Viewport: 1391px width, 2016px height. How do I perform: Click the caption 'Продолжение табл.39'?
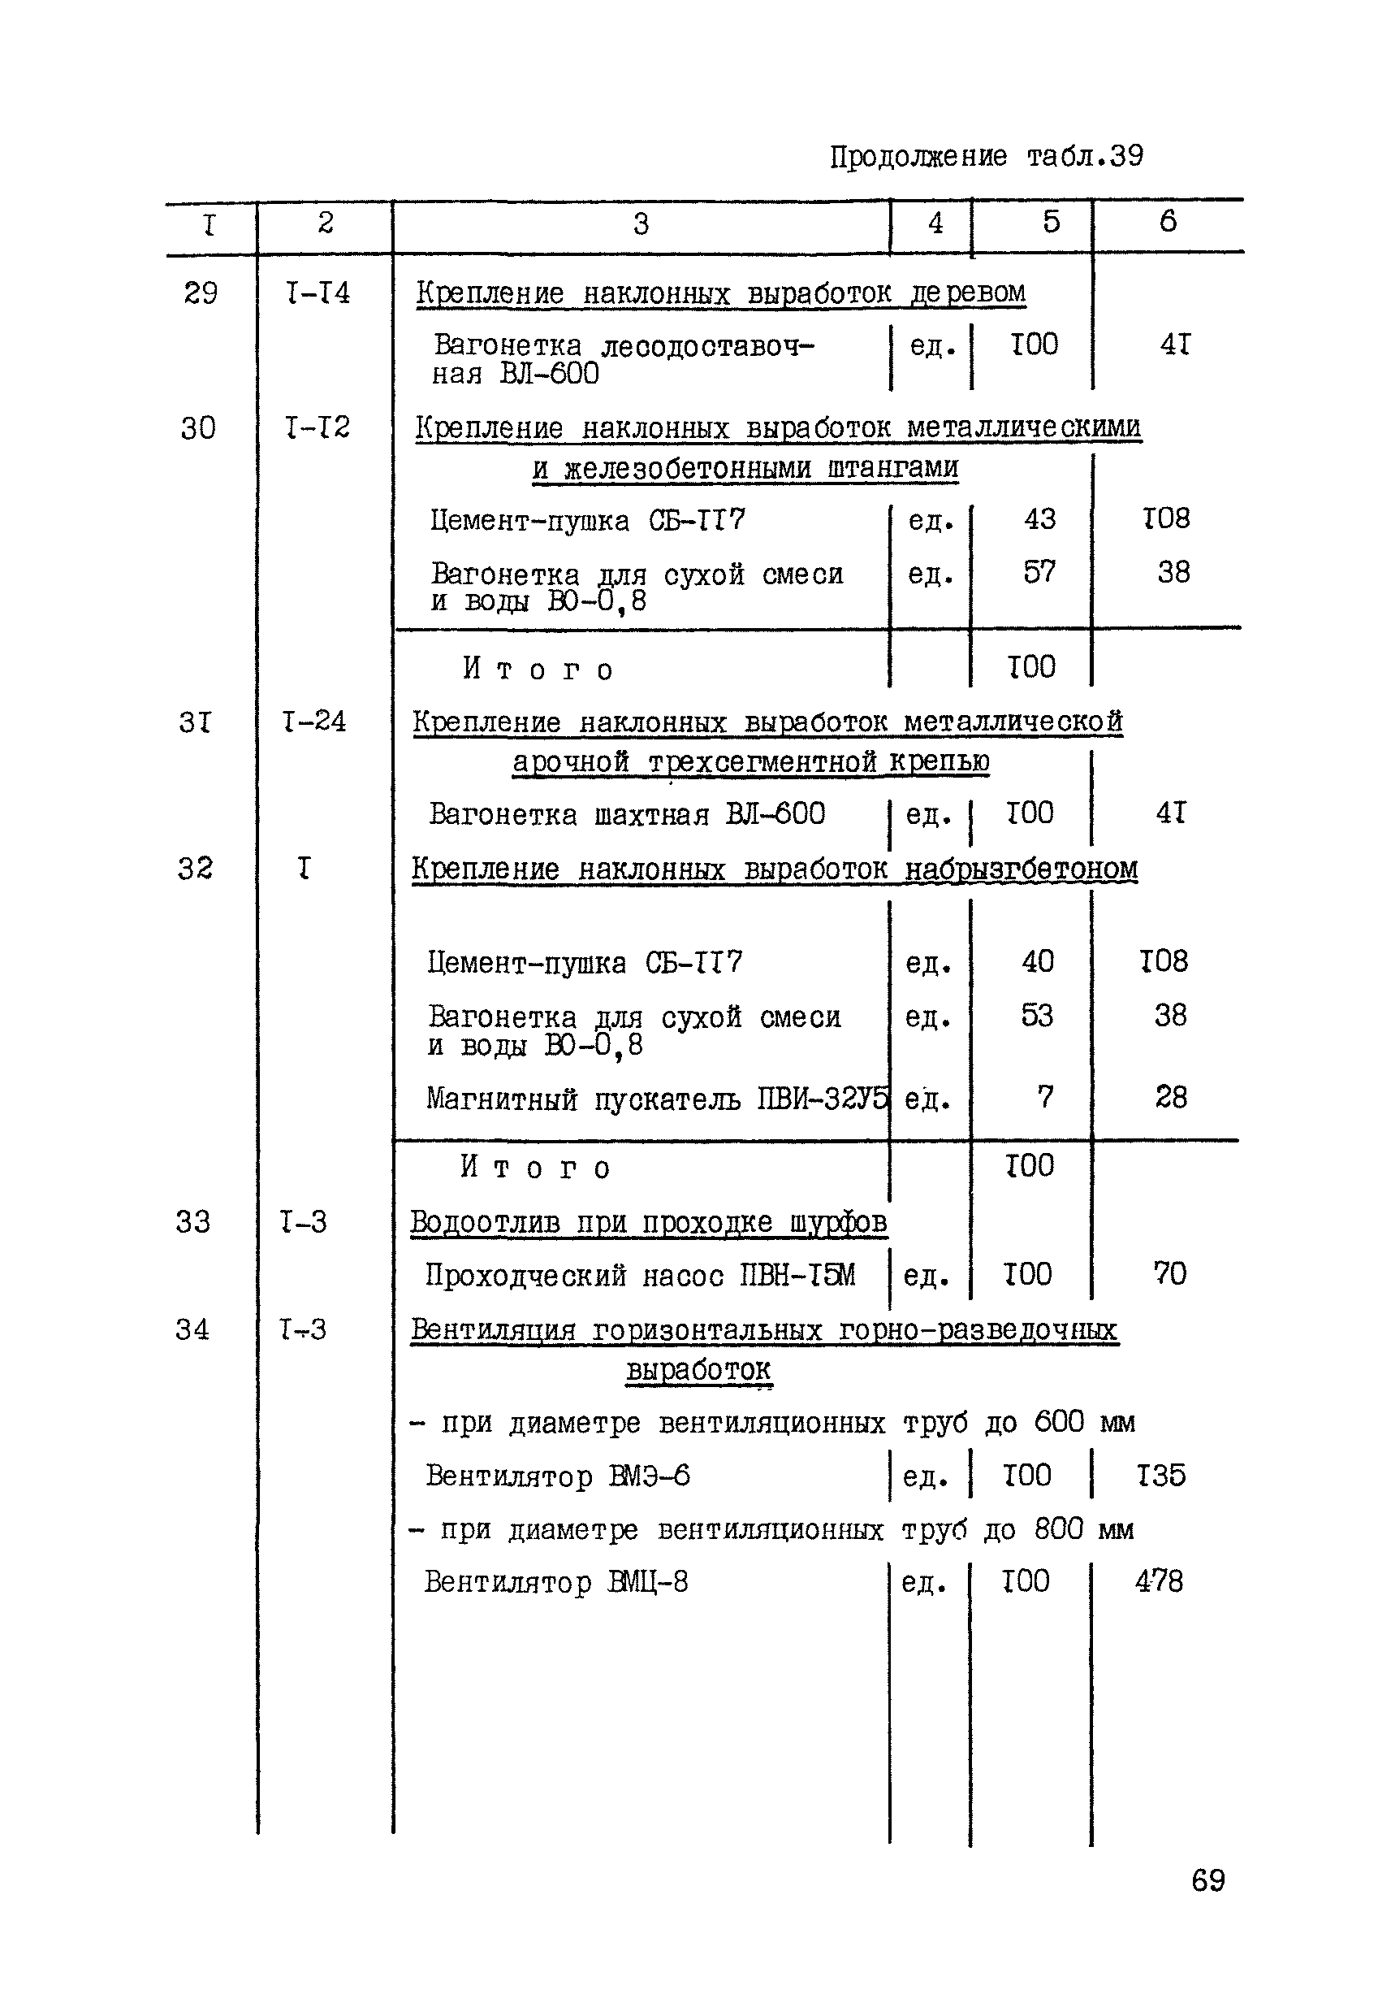(986, 157)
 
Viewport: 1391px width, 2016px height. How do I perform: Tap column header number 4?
(935, 223)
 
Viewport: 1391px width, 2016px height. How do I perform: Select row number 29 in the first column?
(201, 293)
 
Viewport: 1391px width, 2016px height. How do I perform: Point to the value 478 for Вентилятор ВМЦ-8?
(1160, 1580)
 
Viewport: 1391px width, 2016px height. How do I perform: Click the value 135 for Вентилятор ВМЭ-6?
(1161, 1475)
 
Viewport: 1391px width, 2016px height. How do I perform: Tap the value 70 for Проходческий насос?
(1169, 1273)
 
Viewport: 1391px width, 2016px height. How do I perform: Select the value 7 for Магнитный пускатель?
(1045, 1096)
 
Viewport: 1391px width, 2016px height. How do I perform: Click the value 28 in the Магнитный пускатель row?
(1170, 1096)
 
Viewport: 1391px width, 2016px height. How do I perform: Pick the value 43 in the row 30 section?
(1039, 518)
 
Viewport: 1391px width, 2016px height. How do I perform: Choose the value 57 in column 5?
(1039, 572)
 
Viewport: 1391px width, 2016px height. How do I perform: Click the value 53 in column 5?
(1037, 1015)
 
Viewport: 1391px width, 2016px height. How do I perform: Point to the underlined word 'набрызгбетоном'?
(1021, 869)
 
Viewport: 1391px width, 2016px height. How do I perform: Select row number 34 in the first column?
(192, 1329)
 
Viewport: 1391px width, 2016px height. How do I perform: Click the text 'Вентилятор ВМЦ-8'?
(556, 1581)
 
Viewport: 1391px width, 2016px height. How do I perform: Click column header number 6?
(1168, 222)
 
